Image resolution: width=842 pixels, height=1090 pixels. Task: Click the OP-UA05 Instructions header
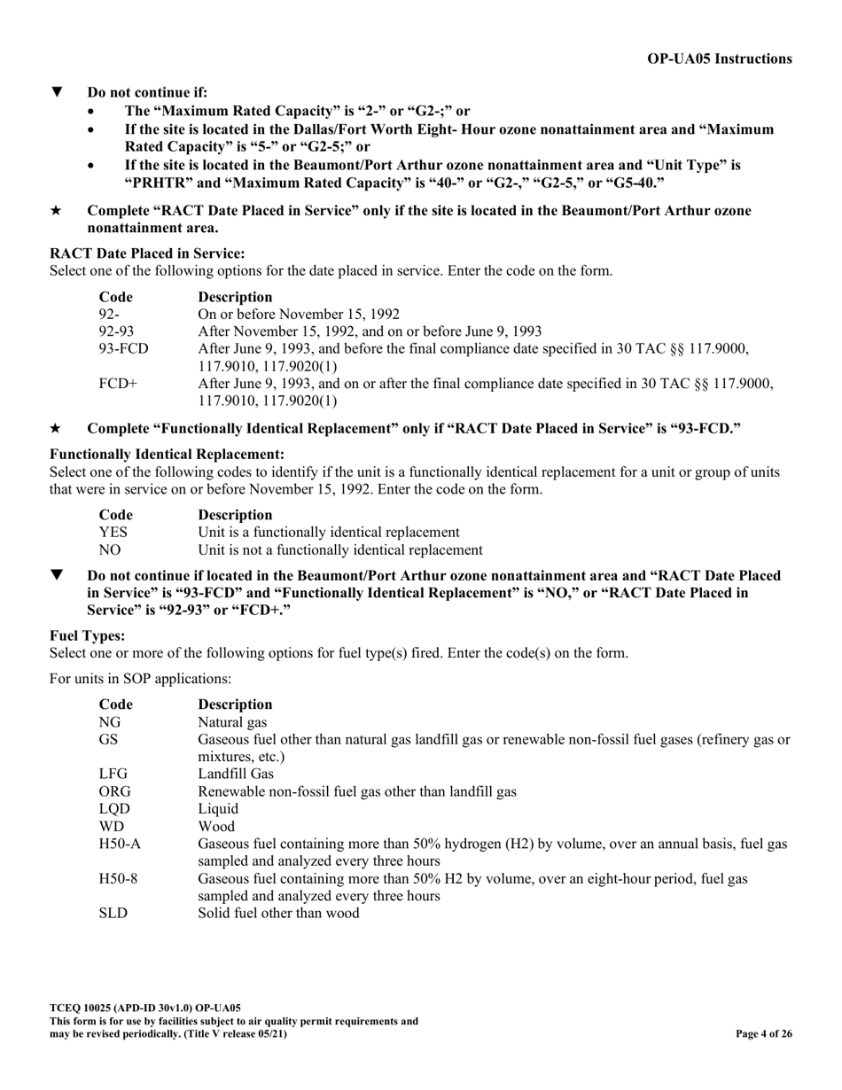pos(720,58)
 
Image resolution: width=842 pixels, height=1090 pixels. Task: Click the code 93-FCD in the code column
pos(123,348)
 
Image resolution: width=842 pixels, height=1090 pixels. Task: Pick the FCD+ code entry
pos(118,383)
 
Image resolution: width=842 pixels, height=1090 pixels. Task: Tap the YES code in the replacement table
pos(113,533)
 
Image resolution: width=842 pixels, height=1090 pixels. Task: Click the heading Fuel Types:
pos(87,636)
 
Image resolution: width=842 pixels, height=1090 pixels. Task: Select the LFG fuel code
pos(113,774)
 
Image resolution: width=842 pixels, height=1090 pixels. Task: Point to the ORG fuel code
pos(115,791)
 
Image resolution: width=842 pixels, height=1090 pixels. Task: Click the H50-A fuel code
pos(119,844)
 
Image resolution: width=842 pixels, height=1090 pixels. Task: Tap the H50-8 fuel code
pos(118,878)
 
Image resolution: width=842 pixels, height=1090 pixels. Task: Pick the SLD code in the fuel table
pos(113,913)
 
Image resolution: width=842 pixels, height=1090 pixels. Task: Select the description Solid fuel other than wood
pos(278,913)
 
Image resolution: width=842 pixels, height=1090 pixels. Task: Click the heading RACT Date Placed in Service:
pos(147,253)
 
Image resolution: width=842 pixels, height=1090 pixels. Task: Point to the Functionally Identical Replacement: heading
pos(167,455)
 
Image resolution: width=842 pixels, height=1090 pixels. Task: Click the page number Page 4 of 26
pos(764,1033)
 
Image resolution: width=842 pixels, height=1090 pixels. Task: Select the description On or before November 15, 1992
pos(299,314)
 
